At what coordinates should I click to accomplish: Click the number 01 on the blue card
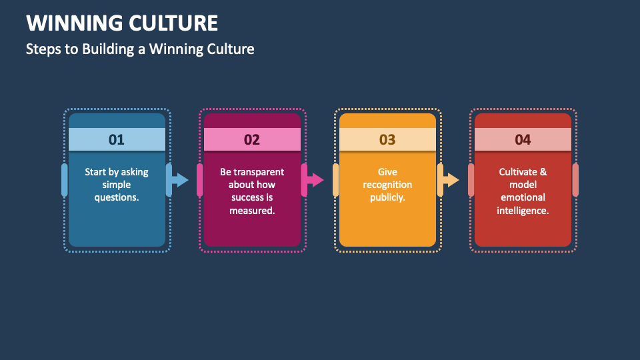point(117,139)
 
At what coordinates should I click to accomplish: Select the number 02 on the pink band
point(252,139)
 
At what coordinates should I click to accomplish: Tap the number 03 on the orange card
point(387,139)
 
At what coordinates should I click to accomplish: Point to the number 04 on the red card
point(523,139)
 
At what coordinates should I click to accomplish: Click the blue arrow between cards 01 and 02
point(180,180)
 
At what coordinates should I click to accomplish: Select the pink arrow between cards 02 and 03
point(315,180)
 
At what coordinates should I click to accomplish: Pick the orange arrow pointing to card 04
point(451,180)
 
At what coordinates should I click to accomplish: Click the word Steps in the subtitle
point(43,49)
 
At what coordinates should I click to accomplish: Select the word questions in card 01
point(117,197)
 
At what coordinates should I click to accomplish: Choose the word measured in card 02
point(252,211)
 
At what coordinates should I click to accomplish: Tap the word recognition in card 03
point(387,185)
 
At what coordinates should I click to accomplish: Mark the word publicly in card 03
point(387,197)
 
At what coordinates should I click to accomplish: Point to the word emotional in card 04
point(523,197)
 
